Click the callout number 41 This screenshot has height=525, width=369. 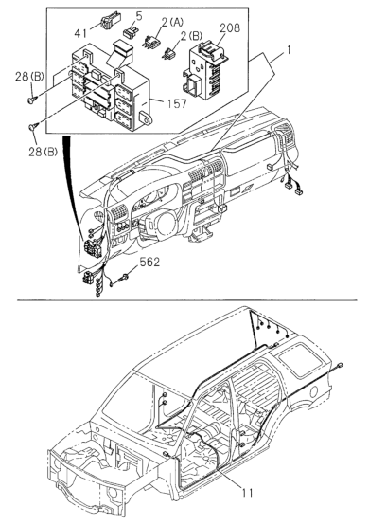click(x=80, y=33)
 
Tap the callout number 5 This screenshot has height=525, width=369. click(x=139, y=16)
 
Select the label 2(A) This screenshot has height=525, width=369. click(x=172, y=23)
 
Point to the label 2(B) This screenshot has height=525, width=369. click(x=191, y=36)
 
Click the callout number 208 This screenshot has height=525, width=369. click(x=230, y=28)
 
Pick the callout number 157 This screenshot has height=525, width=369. click(x=177, y=104)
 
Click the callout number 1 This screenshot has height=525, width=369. click(x=288, y=50)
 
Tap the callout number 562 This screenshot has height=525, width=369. click(x=149, y=262)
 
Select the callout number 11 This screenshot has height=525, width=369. click(x=248, y=493)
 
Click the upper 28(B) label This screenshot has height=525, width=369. click(x=29, y=77)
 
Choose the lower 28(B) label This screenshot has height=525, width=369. click(x=43, y=152)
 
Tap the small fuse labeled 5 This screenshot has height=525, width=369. click(x=130, y=32)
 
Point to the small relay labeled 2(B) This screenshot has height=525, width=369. click(x=169, y=54)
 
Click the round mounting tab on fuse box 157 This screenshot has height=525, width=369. click(x=146, y=117)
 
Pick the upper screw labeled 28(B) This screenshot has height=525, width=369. click(x=32, y=100)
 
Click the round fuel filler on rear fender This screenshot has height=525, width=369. click(x=314, y=392)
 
